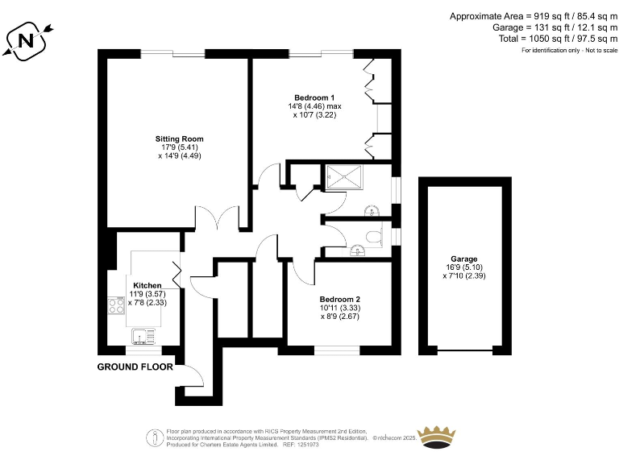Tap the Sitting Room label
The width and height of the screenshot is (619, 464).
tap(179, 139)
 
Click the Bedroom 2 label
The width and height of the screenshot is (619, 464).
tap(340, 298)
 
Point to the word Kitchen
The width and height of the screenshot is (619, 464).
tap(147, 286)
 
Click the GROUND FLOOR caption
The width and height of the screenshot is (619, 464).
tap(135, 367)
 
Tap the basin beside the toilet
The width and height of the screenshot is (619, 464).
tap(357, 251)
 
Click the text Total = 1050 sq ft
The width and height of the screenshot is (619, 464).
tap(533, 39)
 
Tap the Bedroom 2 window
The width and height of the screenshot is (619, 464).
tap(336, 350)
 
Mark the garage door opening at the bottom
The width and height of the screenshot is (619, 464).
tap(465, 351)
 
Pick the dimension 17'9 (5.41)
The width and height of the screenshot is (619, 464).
tap(179, 147)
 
